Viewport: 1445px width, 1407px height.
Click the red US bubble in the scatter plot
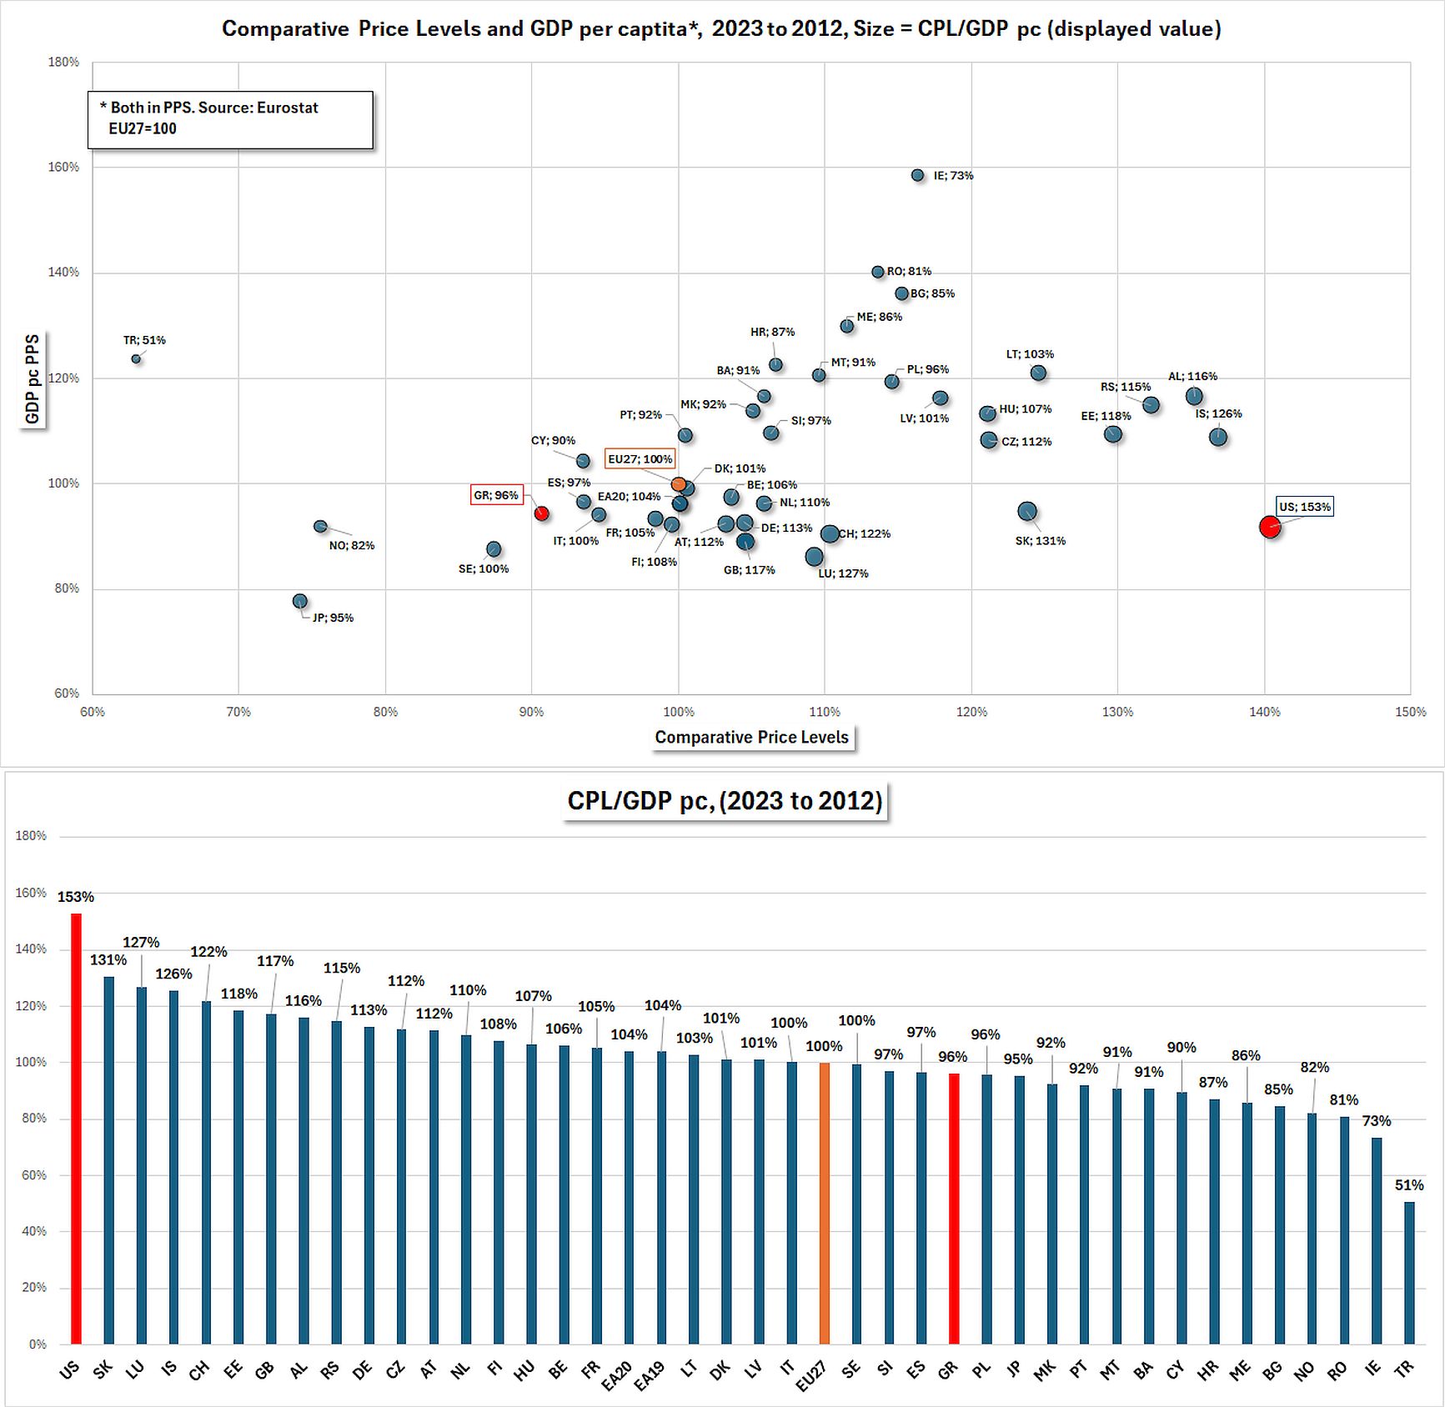click(x=1269, y=527)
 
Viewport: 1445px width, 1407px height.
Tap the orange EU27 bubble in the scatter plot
click(x=679, y=484)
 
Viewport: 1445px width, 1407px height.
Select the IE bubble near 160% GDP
click(x=917, y=176)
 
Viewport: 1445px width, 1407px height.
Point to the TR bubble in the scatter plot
click(x=136, y=359)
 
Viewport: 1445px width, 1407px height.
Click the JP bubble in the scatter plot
click(x=300, y=601)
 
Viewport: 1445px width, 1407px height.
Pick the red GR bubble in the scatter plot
click(x=541, y=513)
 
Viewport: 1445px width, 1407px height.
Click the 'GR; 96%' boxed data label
click(x=496, y=495)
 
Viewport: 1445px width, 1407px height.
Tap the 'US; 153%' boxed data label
click(x=1305, y=507)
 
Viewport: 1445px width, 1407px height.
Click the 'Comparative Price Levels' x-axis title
click(x=751, y=737)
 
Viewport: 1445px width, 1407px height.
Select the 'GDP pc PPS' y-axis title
click(x=33, y=379)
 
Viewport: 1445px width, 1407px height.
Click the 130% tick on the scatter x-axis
click(x=1117, y=712)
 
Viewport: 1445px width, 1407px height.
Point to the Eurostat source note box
click(x=230, y=119)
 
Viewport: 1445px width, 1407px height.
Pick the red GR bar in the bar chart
click(x=954, y=1208)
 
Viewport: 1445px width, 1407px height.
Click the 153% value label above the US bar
click(x=76, y=897)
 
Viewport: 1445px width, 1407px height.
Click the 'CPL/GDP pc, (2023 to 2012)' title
click(x=725, y=801)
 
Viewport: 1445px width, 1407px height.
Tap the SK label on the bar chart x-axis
click(x=103, y=1369)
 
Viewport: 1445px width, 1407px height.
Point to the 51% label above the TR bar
click(x=1409, y=1184)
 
